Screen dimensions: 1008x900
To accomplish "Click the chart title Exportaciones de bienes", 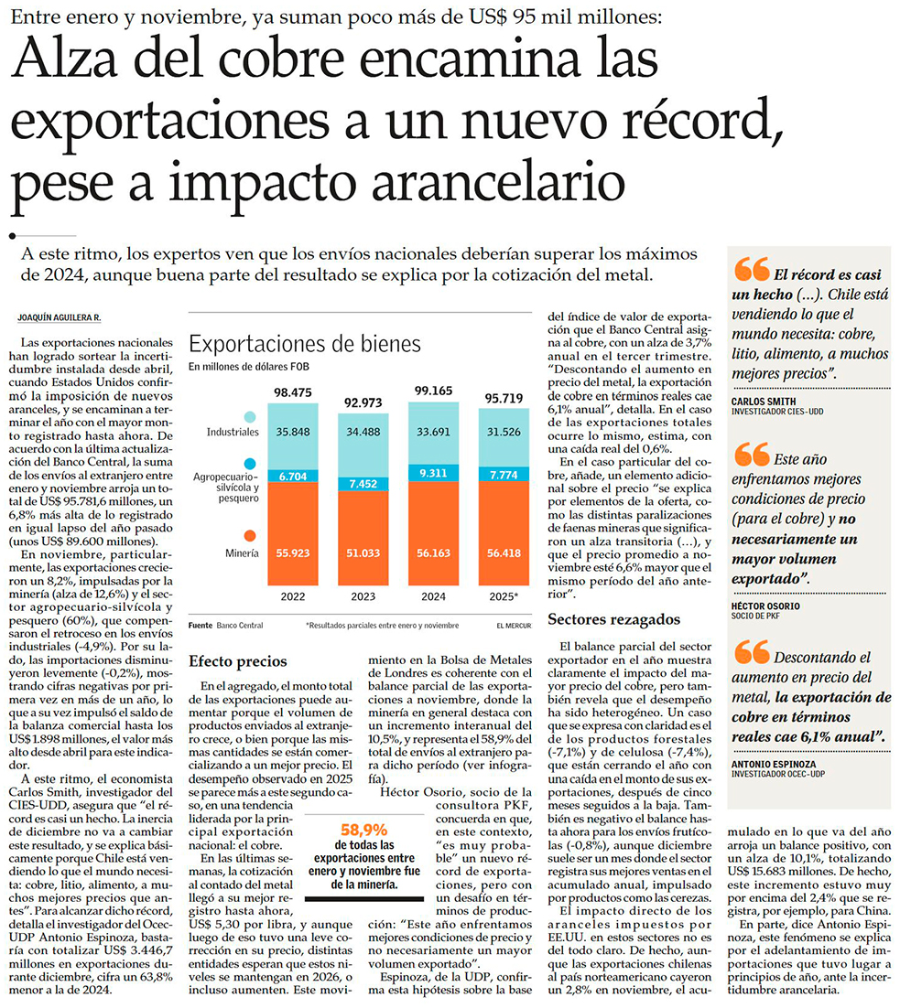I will tap(304, 344).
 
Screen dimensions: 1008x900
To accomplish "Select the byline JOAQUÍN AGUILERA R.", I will tap(59, 317).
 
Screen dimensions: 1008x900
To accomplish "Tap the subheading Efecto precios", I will tap(237, 660).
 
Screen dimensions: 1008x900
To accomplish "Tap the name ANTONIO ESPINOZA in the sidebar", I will tap(774, 763).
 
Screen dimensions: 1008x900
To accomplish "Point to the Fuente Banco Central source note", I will tap(225, 626).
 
